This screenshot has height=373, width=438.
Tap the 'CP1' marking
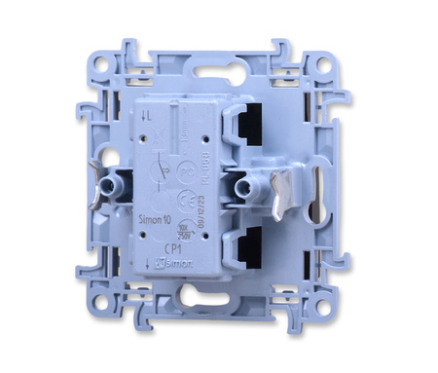coord(169,247)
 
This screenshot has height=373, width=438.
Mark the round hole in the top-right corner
coord(322,67)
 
